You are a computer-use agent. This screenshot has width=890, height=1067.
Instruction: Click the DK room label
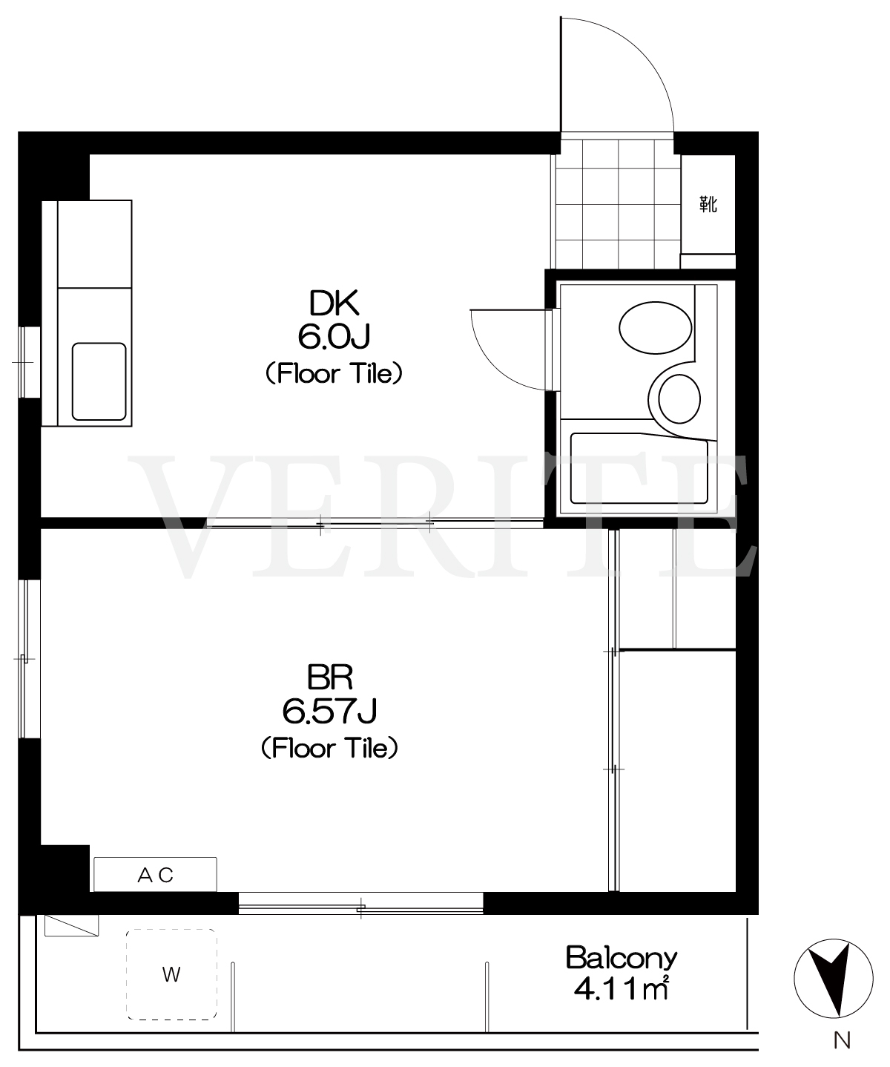[334, 303]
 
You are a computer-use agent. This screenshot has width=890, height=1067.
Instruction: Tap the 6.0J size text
[334, 337]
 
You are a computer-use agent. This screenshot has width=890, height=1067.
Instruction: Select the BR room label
[330, 677]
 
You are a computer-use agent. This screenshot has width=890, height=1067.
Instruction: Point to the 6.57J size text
[329, 711]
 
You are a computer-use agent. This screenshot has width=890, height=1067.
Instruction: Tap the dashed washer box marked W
[171, 974]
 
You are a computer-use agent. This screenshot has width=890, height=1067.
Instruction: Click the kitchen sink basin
[99, 381]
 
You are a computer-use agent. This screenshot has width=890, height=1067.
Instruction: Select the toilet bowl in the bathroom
[679, 398]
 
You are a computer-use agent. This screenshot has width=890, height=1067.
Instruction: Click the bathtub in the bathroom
[639, 468]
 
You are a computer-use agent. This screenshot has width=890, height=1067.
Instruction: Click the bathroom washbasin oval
[656, 327]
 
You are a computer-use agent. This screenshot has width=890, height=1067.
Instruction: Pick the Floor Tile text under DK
[334, 373]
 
